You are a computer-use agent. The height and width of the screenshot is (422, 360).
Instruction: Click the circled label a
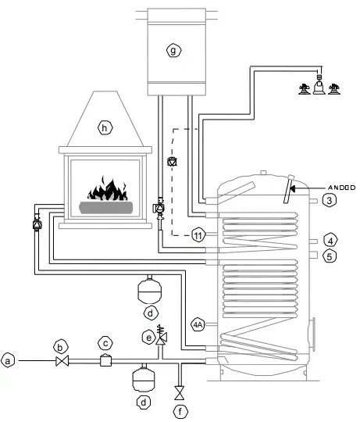(x=9, y=360)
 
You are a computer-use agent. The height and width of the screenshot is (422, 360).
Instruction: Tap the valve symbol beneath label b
(x=64, y=361)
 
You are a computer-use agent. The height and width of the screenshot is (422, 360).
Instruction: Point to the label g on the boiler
(x=173, y=50)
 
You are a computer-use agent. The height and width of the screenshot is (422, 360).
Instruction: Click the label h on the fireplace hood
(x=102, y=126)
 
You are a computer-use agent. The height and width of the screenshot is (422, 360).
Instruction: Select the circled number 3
(x=330, y=201)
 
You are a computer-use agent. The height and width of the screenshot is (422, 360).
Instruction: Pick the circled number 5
(x=330, y=255)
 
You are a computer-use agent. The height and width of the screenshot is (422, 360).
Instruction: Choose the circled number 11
(x=198, y=234)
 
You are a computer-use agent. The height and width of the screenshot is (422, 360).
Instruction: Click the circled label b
(x=58, y=345)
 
